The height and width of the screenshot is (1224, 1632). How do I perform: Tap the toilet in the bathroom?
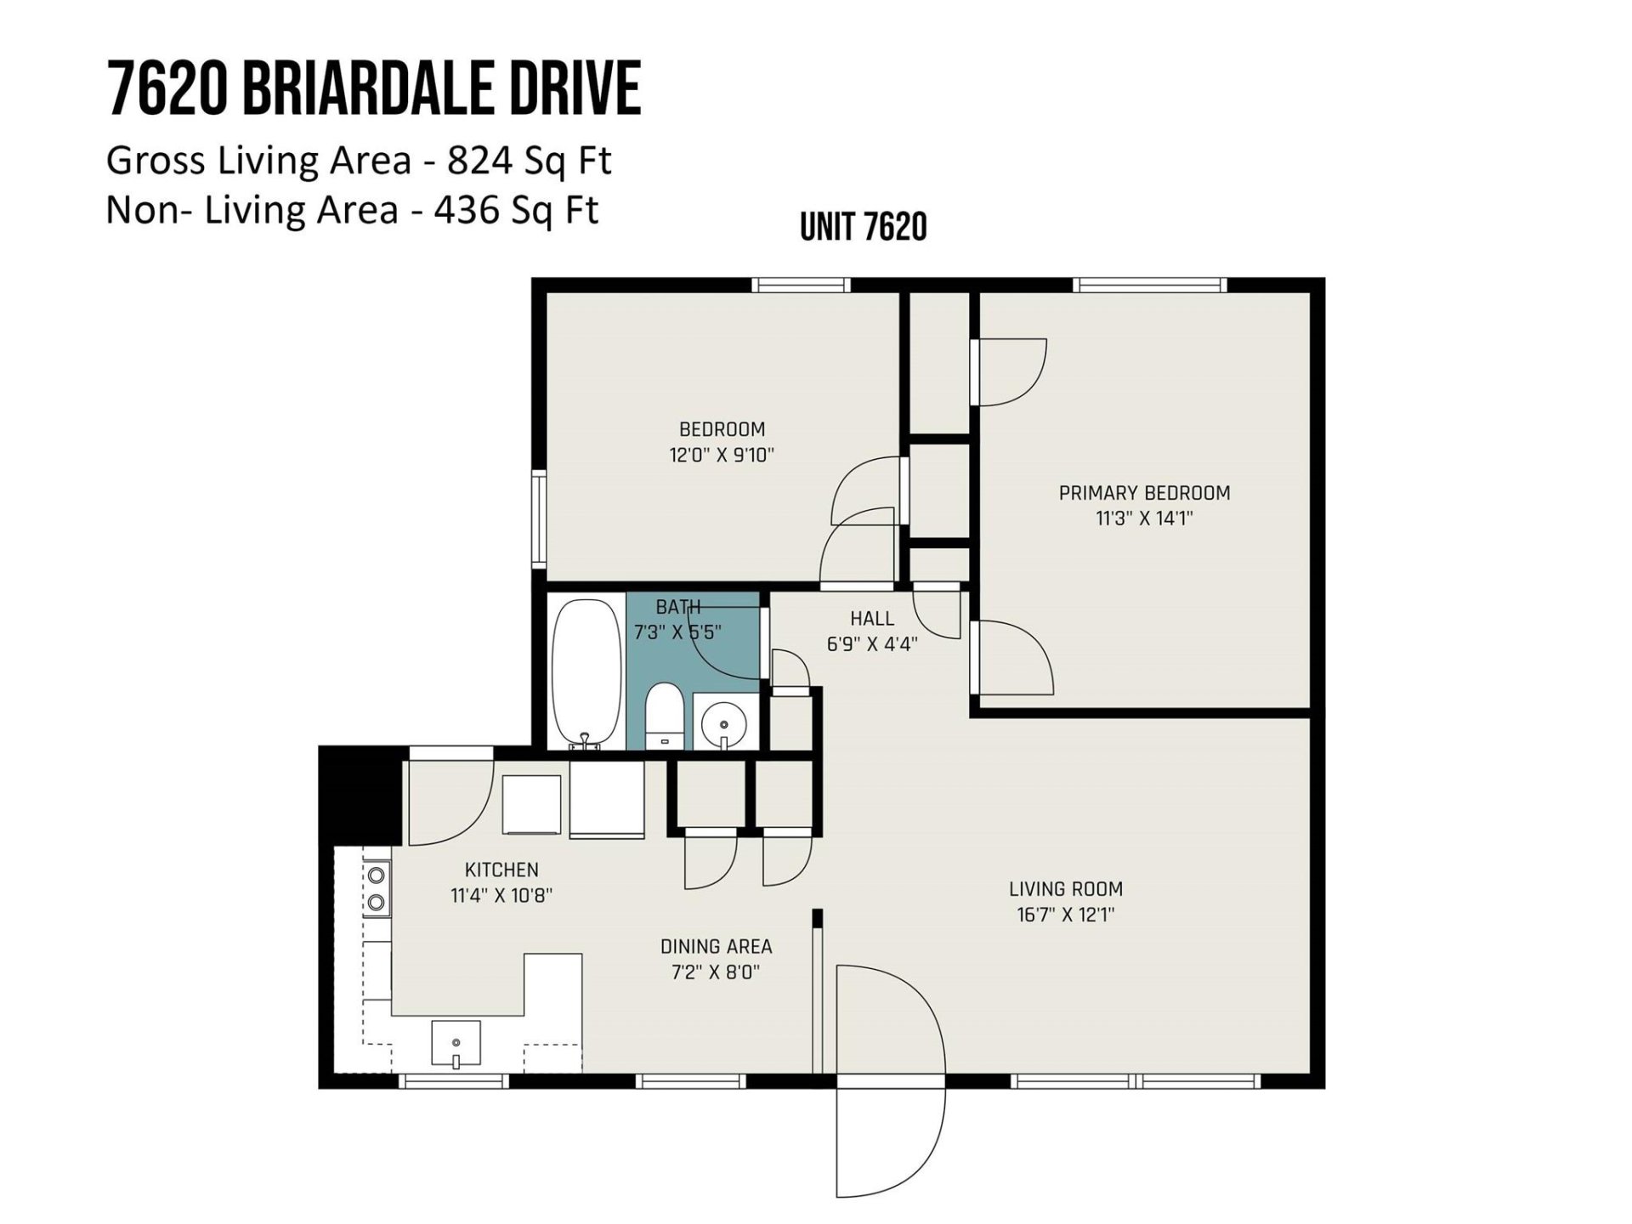pyautogui.click(x=665, y=718)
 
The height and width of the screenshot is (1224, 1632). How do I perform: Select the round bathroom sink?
pyautogui.click(x=724, y=723)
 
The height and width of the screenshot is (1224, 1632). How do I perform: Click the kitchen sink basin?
pyautogui.click(x=456, y=1043)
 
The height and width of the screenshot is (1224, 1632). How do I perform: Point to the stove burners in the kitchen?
pyautogui.click(x=377, y=888)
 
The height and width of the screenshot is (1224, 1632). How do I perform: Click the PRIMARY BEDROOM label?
pyautogui.click(x=1144, y=493)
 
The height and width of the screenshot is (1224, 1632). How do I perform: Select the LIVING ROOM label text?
pyautogui.click(x=1066, y=889)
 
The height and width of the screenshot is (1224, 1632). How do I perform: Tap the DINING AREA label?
pyautogui.click(x=716, y=946)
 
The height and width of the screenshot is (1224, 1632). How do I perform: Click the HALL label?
pyautogui.click(x=872, y=619)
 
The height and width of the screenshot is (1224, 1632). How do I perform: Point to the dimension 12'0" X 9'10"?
pyautogui.click(x=722, y=455)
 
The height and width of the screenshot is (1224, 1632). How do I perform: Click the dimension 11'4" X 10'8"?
pyautogui.click(x=501, y=895)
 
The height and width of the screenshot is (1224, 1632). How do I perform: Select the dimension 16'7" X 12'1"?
pyautogui.click(x=1066, y=915)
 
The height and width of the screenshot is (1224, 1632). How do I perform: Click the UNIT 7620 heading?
pyautogui.click(x=864, y=227)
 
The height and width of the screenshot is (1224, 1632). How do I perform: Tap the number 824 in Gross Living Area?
pyautogui.click(x=478, y=161)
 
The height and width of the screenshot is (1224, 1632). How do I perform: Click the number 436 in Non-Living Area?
pyautogui.click(x=466, y=210)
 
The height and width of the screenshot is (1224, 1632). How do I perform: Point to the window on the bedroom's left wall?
pyautogui.click(x=539, y=518)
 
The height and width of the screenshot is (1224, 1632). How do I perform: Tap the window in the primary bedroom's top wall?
pyautogui.click(x=1149, y=286)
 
